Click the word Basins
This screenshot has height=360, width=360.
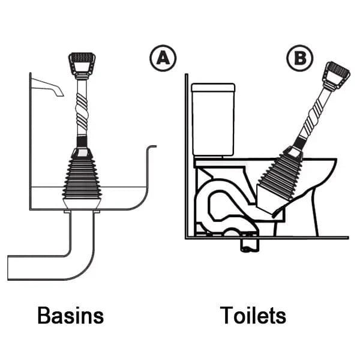70,316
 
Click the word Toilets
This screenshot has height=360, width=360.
253,316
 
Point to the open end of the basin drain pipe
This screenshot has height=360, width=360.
9,267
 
